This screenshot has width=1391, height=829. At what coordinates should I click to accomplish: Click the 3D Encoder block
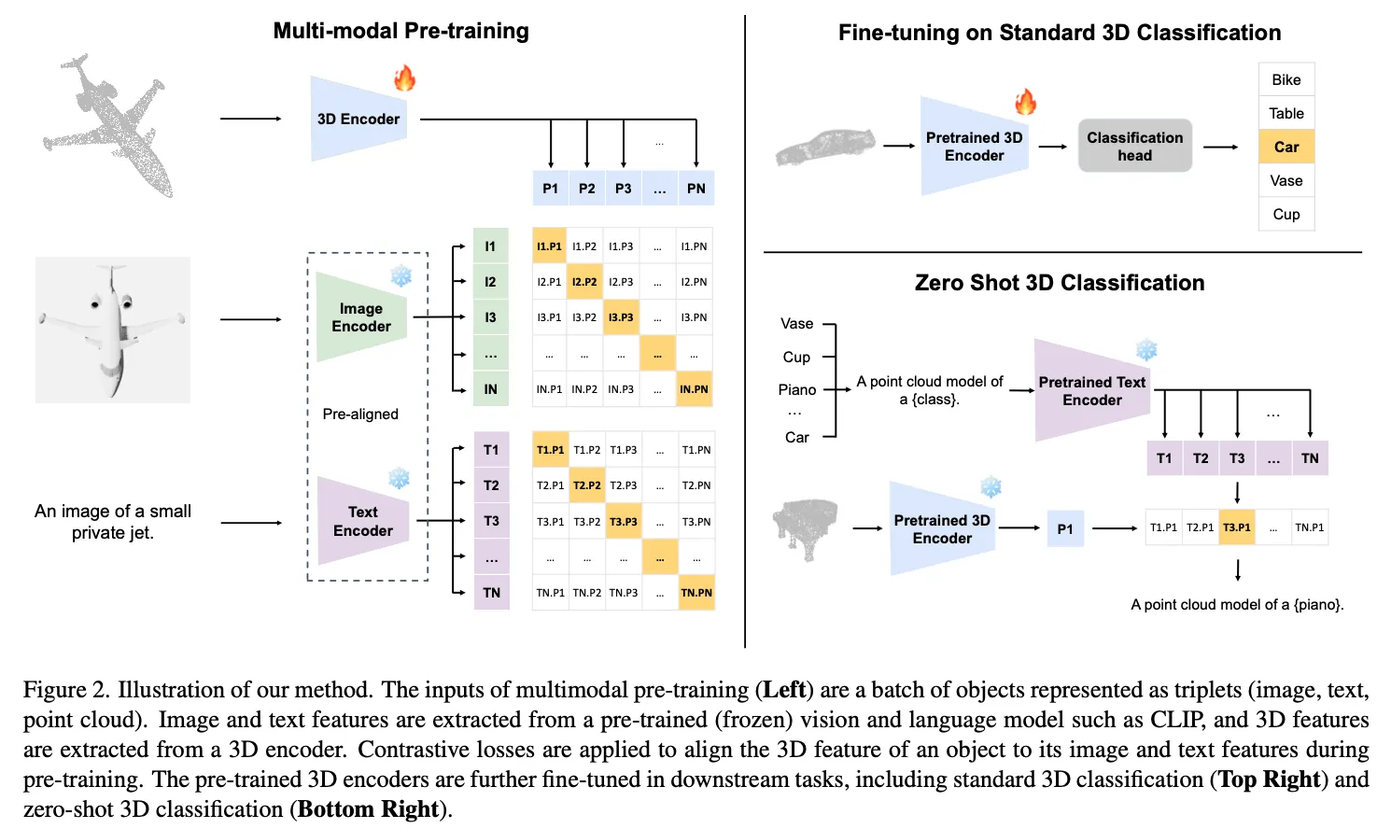(x=358, y=119)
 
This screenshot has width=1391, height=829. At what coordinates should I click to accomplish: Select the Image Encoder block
(x=361, y=317)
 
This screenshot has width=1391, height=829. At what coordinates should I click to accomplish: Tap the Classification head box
(x=1134, y=146)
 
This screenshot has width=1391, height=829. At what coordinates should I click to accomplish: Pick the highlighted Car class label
(x=1286, y=147)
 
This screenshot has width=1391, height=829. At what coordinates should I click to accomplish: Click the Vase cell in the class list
(x=1286, y=180)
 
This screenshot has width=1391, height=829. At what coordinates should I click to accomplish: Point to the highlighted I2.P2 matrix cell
(x=585, y=282)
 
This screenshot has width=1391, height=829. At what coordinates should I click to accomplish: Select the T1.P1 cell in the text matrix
(x=550, y=450)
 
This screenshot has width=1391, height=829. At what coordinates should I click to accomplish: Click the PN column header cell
(x=696, y=189)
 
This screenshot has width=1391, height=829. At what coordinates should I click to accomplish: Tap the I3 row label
(x=490, y=317)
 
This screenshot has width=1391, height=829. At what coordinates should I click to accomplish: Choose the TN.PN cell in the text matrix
(x=696, y=593)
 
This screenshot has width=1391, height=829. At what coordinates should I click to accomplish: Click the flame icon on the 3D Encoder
(x=404, y=77)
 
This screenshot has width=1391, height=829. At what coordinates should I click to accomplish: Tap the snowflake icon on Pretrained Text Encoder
(x=1146, y=350)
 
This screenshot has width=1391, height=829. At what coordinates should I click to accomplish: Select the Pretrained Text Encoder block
(x=1092, y=391)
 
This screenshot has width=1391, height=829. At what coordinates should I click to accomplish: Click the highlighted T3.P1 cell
(x=1237, y=527)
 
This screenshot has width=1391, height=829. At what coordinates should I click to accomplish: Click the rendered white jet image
(x=113, y=330)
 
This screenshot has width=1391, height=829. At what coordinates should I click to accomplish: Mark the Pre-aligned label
(x=360, y=414)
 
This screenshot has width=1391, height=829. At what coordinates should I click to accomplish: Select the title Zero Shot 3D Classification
(x=1060, y=283)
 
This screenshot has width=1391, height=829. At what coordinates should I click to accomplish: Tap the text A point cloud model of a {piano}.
(x=1237, y=605)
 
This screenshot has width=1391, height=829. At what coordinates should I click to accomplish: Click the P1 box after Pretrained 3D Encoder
(x=1065, y=528)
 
